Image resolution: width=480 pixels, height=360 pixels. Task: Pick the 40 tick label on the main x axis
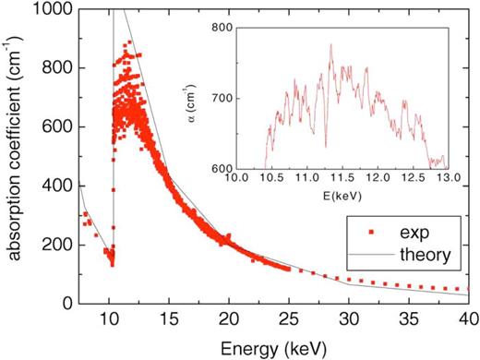[x=468, y=320]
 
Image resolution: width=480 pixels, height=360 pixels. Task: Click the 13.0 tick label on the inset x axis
[x=449, y=180]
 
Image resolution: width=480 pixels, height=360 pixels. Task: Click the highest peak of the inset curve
[x=330, y=43]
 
